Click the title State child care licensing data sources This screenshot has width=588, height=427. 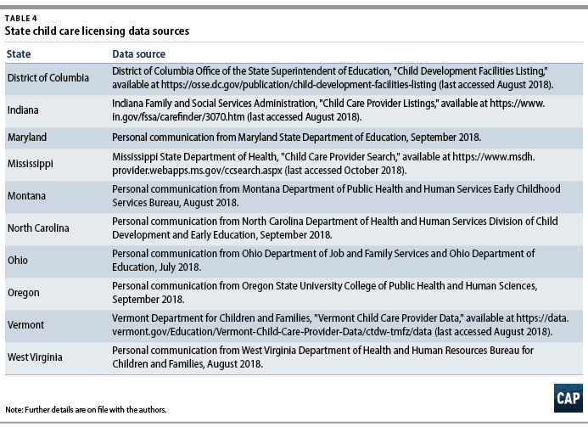pos(97,31)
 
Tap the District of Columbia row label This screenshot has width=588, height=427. pos(48,78)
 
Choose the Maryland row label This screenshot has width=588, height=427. pos(27,137)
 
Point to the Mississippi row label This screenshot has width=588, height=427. pos(31,164)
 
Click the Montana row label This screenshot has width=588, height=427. pos(26,195)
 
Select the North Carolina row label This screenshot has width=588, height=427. pos(38,228)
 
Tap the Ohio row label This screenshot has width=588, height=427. pos(18,260)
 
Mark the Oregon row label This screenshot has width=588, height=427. pos(24,291)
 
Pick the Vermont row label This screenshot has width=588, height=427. pos(25,323)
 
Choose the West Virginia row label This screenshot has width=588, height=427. pos(36,356)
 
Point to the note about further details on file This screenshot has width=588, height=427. pos(85,410)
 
